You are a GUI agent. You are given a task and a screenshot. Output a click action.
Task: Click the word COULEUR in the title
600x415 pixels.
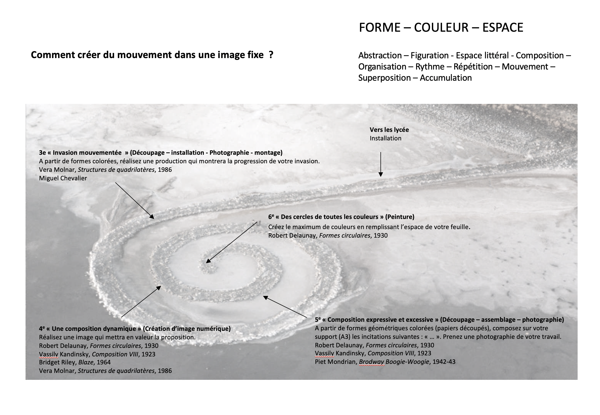441,28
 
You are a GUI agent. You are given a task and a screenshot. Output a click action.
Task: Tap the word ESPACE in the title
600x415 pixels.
503,28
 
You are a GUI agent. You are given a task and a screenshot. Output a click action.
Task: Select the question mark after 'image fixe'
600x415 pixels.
271,55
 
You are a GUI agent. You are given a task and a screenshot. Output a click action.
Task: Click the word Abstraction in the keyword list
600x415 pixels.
380,55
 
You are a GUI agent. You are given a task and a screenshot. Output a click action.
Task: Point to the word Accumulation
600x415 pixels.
446,78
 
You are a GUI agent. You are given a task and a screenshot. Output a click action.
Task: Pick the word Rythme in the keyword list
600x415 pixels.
430,67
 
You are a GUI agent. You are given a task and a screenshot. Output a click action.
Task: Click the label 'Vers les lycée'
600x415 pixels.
389,130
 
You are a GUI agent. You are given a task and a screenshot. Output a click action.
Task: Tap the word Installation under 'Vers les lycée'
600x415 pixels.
385,138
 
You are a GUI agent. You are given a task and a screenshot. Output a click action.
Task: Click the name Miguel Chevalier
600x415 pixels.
63,178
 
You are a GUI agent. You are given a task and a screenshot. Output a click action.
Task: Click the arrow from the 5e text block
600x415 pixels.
285,306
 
